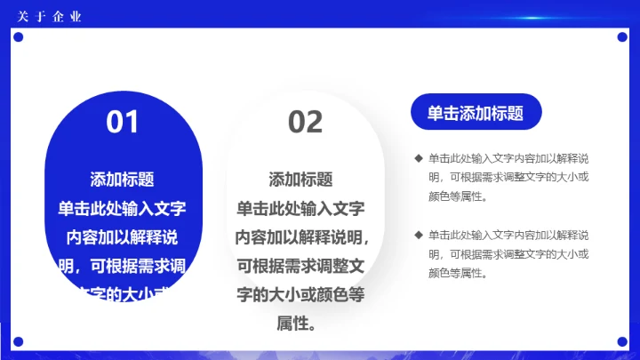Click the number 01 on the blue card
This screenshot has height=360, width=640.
coord(123,122)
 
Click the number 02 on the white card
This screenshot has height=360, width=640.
coord(305,122)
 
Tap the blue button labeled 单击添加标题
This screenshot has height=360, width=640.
coord(475,113)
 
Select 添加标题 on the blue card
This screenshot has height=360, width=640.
coord(123,180)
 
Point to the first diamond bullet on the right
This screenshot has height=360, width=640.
coord(418,158)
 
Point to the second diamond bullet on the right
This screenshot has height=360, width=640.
coord(418,235)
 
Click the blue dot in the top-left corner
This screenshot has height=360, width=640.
coord(17,37)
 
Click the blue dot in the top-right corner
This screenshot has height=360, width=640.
coord(622,37)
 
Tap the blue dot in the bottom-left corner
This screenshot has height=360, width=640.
coord(17,341)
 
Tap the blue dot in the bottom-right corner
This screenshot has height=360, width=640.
coord(622,341)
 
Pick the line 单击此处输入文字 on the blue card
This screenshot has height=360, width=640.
coord(123,209)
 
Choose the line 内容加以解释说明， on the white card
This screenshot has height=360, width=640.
coord(302,237)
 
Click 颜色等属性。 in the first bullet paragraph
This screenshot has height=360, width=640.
coord(457,196)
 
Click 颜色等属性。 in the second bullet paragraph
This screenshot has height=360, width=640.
coord(457,273)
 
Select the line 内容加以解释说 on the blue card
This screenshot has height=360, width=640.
coord(123,237)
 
